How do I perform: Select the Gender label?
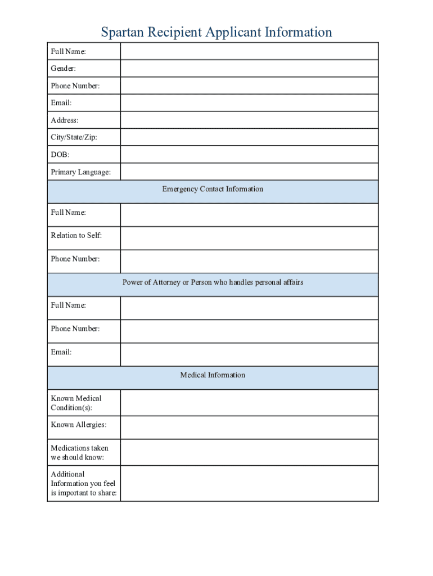pos(63,69)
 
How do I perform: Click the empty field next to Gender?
pos(249,69)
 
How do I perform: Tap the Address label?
pos(65,120)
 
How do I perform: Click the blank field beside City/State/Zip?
pos(249,137)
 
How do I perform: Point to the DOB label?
pos(60,155)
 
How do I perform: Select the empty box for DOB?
pos(249,155)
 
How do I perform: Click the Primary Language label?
pos(80,172)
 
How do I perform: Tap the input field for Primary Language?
pos(249,172)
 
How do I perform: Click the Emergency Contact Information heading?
pos(213,190)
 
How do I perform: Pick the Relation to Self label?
pos(76,236)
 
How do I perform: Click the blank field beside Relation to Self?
pos(249,238)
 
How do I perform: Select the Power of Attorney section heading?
pos(213,282)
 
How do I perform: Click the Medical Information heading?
pos(213,375)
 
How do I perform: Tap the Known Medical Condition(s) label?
pos(76,403)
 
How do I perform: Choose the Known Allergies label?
pos(78,425)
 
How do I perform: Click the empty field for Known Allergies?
pos(249,427)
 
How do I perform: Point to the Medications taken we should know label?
pos(79,453)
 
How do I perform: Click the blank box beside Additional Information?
pos(249,483)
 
